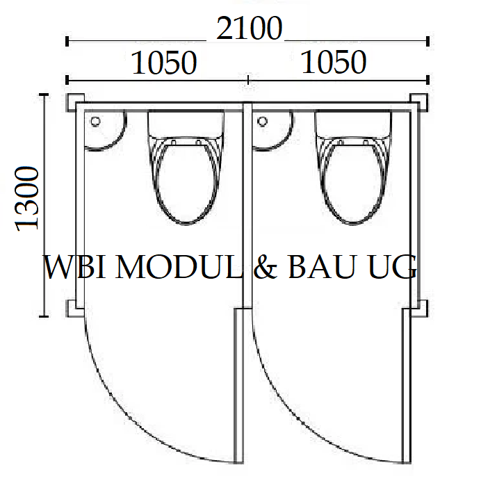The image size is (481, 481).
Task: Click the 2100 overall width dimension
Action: coord(249,28)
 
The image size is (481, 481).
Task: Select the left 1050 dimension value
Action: coord(164,63)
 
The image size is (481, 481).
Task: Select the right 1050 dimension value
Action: coord(334,63)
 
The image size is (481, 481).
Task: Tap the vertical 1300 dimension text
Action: coord(27,199)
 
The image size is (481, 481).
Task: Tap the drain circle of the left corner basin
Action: coord(95,122)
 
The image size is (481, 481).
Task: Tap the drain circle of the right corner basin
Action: coord(262,121)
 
